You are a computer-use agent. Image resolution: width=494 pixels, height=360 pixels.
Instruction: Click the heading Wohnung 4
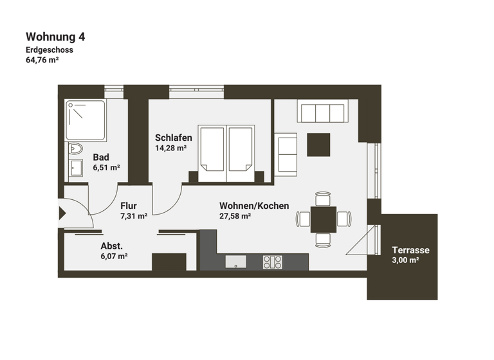point(55,37)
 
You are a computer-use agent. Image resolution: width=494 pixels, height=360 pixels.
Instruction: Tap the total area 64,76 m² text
point(42,61)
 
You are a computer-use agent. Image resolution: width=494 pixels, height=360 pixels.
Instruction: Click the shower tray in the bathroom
point(86,120)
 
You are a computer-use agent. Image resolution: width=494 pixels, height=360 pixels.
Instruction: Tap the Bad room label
point(100,157)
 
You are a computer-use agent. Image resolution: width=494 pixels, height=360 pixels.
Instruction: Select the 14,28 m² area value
point(170,148)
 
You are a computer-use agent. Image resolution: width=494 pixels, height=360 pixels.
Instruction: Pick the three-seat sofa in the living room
point(322,113)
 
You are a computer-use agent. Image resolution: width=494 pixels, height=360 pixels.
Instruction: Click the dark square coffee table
point(318,145)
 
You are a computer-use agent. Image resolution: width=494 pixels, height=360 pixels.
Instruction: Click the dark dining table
point(323,219)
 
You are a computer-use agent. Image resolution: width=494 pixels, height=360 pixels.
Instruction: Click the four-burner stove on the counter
point(272,262)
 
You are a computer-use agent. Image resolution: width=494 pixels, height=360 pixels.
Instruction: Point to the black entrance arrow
point(62,213)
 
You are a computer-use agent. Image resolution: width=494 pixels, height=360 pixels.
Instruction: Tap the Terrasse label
point(410,250)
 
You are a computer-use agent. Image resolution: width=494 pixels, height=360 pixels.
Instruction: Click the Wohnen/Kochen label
point(254,206)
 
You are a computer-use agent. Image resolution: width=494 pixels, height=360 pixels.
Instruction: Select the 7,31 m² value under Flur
point(134,217)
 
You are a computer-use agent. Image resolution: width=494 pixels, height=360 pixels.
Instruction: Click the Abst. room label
point(111,246)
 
